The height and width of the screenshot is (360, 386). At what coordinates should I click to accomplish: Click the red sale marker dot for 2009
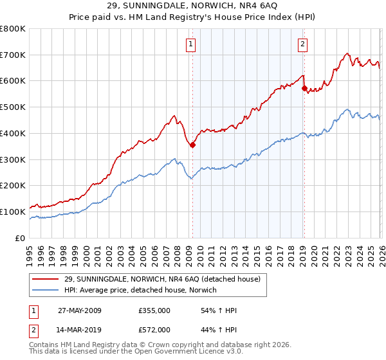192,145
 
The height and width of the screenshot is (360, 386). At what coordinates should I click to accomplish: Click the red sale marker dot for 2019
304,89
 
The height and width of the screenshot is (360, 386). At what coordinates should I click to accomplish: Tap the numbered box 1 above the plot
192,44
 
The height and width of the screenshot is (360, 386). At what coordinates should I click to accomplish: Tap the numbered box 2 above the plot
302,44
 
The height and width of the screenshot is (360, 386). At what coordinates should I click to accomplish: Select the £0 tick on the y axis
21,238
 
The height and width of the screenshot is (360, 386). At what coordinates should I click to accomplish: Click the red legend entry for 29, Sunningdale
161,279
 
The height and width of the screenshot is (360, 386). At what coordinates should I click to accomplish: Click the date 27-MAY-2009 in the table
80,310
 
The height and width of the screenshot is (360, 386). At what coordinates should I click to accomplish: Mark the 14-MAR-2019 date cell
80,330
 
